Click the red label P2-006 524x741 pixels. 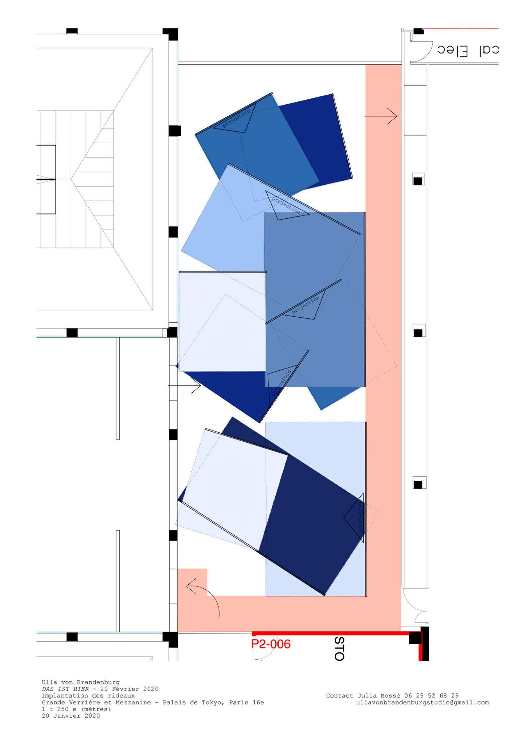coord(271,644)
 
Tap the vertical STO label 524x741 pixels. coord(339,648)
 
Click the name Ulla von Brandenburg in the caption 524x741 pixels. coord(80,682)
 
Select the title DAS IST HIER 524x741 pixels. coord(65,689)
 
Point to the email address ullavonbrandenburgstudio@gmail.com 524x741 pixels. coord(422,703)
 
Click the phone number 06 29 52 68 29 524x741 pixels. coord(431,695)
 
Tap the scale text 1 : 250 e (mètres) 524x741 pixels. coord(76,709)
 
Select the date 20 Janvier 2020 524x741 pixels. coord(71,716)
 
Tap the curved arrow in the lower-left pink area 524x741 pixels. coord(203,598)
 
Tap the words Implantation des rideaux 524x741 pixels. coord(88,695)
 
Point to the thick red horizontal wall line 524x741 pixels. coord(331,633)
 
